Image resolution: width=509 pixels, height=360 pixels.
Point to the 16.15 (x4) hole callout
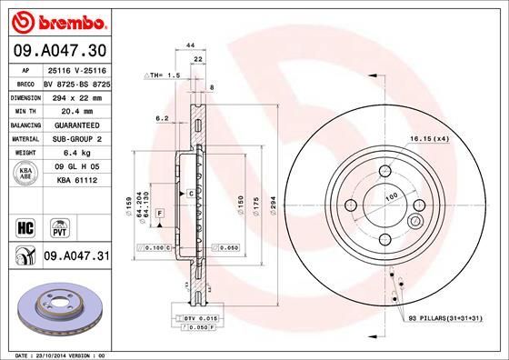tap(430, 138)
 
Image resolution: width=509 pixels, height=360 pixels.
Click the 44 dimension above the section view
tap(191, 45)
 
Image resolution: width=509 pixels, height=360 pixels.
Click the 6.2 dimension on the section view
tap(161, 118)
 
